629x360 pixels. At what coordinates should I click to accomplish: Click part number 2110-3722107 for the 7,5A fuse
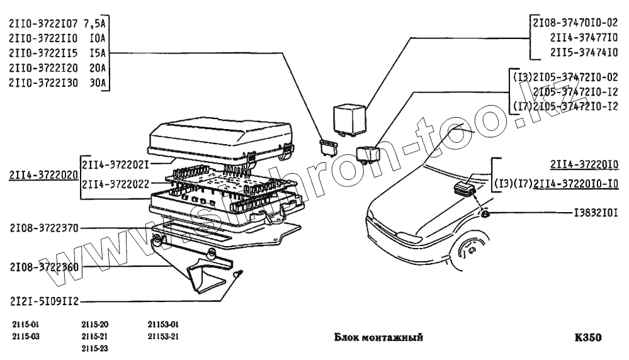[x=43, y=24]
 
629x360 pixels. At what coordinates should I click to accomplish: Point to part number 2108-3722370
[x=43, y=228]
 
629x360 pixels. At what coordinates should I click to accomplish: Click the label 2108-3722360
[x=43, y=267]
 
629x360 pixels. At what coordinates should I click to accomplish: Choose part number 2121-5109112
[x=43, y=300]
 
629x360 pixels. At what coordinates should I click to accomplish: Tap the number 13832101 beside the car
[x=594, y=214]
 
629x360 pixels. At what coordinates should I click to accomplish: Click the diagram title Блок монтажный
[x=378, y=337]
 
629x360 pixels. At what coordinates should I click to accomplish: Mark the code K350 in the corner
[x=589, y=337]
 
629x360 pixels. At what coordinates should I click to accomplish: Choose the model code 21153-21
[x=164, y=335]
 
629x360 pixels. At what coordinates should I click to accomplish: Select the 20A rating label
[x=97, y=67]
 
